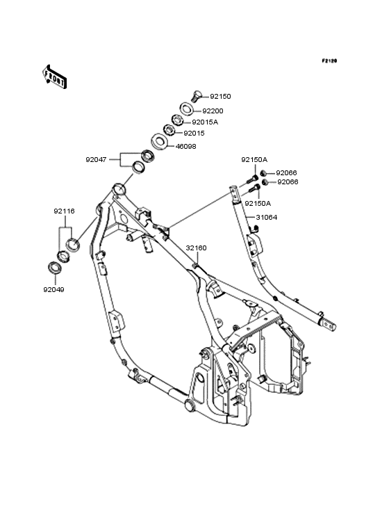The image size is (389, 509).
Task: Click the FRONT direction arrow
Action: tap(54, 76)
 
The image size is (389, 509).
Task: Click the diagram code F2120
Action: tap(329, 60)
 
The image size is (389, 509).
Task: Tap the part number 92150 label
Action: tap(220, 97)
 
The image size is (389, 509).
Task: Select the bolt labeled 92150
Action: tap(196, 96)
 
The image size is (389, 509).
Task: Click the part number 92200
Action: tap(213, 111)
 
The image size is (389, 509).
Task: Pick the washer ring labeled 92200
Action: tap(187, 108)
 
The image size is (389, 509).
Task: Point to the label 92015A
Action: tap(205, 122)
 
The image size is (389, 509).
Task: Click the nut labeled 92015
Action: tap(169, 130)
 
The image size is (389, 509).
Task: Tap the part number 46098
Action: tap(185, 147)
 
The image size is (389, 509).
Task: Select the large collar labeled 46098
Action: tap(159, 142)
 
